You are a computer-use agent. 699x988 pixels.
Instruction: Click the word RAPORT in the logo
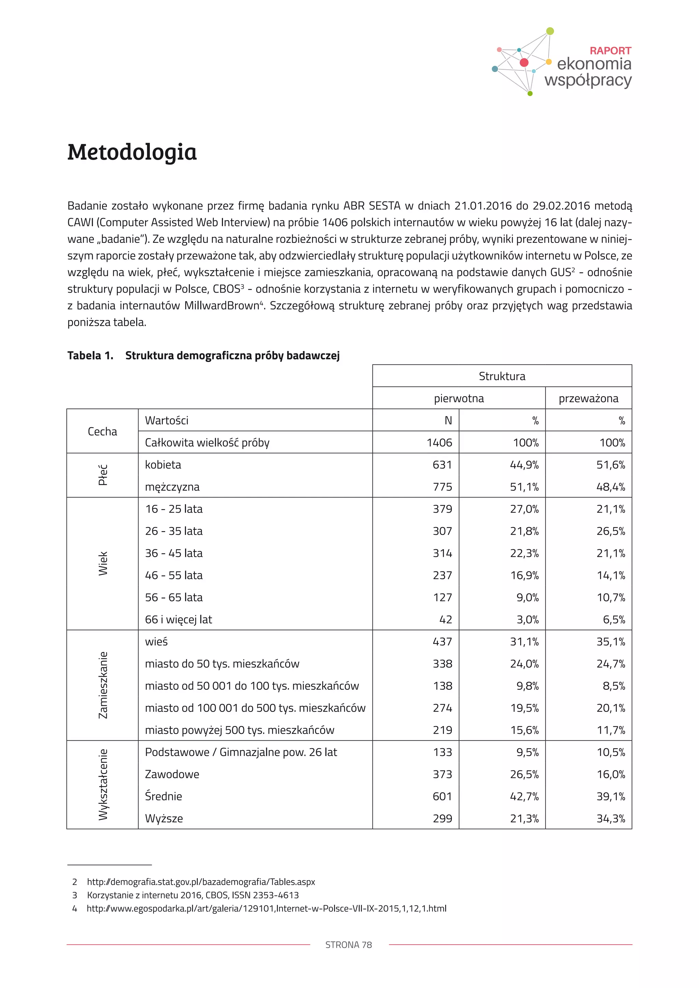pyautogui.click(x=610, y=51)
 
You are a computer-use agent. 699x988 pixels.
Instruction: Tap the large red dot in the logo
pyautogui.click(x=524, y=62)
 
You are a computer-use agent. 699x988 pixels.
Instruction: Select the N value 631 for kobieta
pyautogui.click(x=442, y=465)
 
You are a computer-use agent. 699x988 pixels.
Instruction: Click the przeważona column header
pyautogui.click(x=588, y=398)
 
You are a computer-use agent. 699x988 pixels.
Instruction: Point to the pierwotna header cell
pyautogui.click(x=458, y=398)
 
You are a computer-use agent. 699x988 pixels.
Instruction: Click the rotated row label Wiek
pyautogui.click(x=103, y=563)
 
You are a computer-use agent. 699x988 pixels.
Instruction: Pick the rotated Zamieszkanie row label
pyautogui.click(x=103, y=685)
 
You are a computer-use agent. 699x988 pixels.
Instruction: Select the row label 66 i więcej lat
pyautogui.click(x=178, y=619)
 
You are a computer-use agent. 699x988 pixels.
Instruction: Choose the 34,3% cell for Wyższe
pyautogui.click(x=610, y=818)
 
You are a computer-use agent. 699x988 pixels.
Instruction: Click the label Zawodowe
pyautogui.click(x=172, y=774)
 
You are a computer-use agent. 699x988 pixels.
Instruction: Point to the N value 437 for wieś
pyautogui.click(x=442, y=642)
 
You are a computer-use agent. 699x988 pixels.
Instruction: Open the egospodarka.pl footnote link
pyautogui.click(x=266, y=909)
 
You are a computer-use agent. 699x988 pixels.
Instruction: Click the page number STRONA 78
pyautogui.click(x=348, y=945)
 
